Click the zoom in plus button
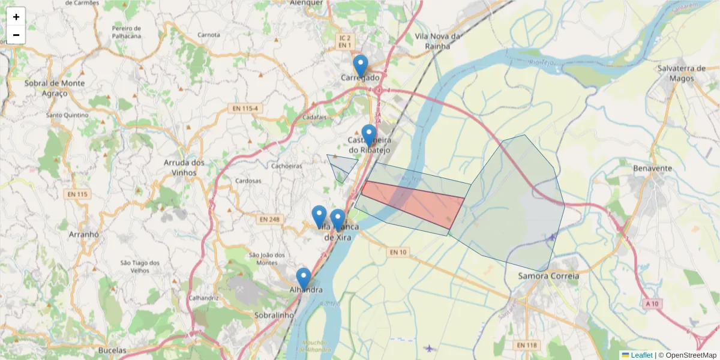(x=16, y=17)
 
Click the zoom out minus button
(x=16, y=35)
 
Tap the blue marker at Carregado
(x=360, y=65)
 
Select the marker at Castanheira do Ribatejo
(x=368, y=135)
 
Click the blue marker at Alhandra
(x=304, y=278)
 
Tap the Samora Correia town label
(x=548, y=276)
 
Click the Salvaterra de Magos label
(x=682, y=73)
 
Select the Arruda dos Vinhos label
(x=184, y=167)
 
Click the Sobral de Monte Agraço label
(x=55, y=88)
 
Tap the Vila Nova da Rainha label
(x=437, y=41)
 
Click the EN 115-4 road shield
(x=246, y=108)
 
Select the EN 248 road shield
(x=269, y=220)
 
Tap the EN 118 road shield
(x=526, y=345)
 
